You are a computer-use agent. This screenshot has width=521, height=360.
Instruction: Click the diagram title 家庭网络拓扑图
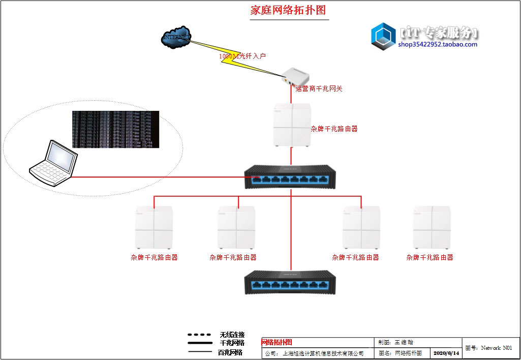pyautogui.click(x=288, y=11)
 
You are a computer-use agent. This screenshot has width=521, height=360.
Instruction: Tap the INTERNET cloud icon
pyautogui.click(x=176, y=38)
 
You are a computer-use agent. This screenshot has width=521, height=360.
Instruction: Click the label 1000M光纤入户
pyautogui.click(x=242, y=56)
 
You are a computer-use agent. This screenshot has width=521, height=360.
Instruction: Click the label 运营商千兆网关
pyautogui.click(x=319, y=89)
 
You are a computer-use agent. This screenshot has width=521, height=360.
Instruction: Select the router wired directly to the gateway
pyautogui.click(x=291, y=125)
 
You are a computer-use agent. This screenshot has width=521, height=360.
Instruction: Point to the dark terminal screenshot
pyautogui.click(x=115, y=129)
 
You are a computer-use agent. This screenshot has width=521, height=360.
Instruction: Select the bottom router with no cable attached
pyautogui.click(x=433, y=227)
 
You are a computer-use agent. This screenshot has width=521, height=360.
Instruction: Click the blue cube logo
pyautogui.click(x=383, y=37)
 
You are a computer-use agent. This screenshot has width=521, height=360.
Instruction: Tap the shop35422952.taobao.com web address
pyautogui.click(x=438, y=44)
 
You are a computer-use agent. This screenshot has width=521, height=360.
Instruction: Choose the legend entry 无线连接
pyautogui.click(x=232, y=335)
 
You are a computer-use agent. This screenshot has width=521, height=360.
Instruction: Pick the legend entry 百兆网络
pyautogui.click(x=230, y=352)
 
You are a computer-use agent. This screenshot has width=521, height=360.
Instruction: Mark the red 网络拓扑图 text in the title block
pyautogui.click(x=277, y=343)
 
